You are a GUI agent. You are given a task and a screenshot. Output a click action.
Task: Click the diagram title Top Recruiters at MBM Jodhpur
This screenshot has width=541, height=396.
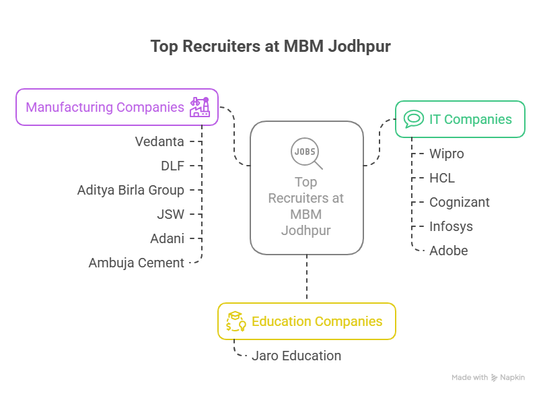pos(270,46)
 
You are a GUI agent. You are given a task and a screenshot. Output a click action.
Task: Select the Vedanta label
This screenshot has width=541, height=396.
pos(159,141)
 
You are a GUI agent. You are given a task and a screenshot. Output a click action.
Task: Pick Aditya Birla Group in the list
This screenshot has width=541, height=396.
pos(131,190)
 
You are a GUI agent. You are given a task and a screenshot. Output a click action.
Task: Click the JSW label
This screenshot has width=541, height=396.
pos(171,214)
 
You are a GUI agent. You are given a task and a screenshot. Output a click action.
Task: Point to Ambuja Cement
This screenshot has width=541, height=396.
pos(136,263)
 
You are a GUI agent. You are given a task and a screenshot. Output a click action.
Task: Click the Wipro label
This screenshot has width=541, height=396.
pos(447,154)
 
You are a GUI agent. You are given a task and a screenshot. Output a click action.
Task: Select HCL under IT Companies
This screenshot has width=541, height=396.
pos(442,178)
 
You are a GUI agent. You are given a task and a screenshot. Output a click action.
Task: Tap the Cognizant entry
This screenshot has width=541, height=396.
pos(460,202)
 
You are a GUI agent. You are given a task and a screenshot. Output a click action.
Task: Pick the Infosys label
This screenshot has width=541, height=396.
pos(451,226)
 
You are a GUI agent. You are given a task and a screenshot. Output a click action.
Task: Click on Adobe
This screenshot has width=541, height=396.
pos(448,251)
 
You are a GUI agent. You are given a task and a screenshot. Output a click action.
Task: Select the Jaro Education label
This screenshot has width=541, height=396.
pos(296,356)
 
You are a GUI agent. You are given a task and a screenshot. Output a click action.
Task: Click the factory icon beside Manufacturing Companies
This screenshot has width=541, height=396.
pos(199,107)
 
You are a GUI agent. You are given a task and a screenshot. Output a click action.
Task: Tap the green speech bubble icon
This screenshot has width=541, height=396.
pos(413,120)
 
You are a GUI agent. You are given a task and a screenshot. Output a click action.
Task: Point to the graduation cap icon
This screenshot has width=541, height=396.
pos(236,321)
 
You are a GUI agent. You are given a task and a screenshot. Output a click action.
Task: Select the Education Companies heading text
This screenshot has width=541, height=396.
pos(317,321)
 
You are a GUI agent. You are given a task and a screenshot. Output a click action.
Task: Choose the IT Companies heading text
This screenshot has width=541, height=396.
pos(470,120)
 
